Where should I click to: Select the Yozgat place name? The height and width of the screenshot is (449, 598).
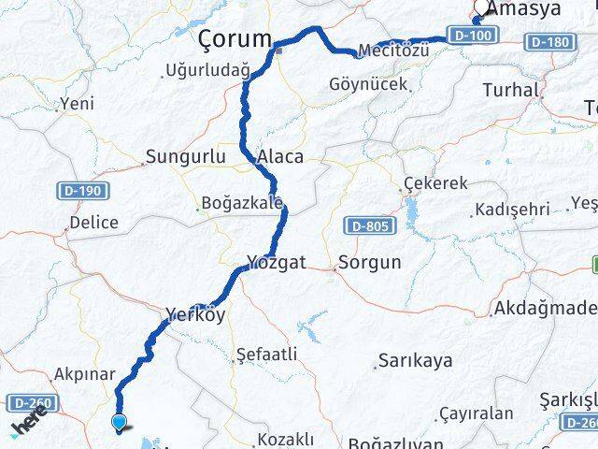(x=277, y=264)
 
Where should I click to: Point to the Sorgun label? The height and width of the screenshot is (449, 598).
(x=369, y=263)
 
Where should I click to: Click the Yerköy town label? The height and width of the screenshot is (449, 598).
(x=194, y=316)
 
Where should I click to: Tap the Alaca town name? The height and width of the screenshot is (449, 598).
(x=281, y=157)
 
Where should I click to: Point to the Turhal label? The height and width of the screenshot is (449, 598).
(x=511, y=91)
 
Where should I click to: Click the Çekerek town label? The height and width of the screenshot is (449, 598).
(x=434, y=184)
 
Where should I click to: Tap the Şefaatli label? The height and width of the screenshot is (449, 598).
(x=267, y=355)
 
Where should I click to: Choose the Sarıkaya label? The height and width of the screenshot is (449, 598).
(x=414, y=361)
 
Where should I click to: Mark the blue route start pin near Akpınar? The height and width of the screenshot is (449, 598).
(x=119, y=423)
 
